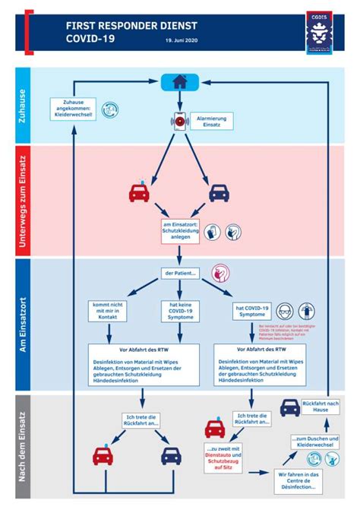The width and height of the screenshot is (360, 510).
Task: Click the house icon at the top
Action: (x=180, y=82)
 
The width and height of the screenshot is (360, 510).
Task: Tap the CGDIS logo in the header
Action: (x=316, y=33)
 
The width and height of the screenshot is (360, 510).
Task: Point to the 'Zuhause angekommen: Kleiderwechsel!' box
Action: (x=73, y=108)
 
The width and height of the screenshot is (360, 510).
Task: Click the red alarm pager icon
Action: (x=180, y=122)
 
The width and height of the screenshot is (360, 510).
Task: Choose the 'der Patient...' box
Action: (x=181, y=274)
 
